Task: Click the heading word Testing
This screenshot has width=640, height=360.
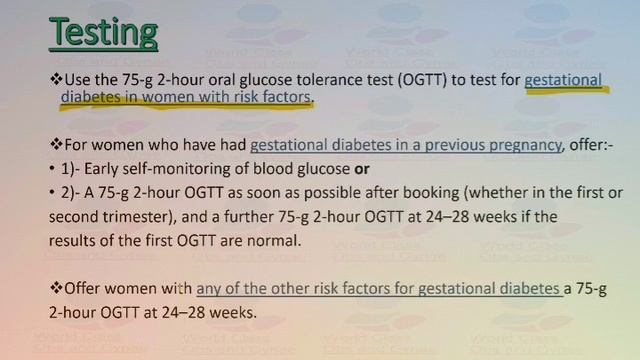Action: click(104, 32)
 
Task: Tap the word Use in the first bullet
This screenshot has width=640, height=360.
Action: click(78, 79)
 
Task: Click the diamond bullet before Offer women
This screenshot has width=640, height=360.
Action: click(56, 289)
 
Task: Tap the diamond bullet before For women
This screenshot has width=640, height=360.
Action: click(56, 144)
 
